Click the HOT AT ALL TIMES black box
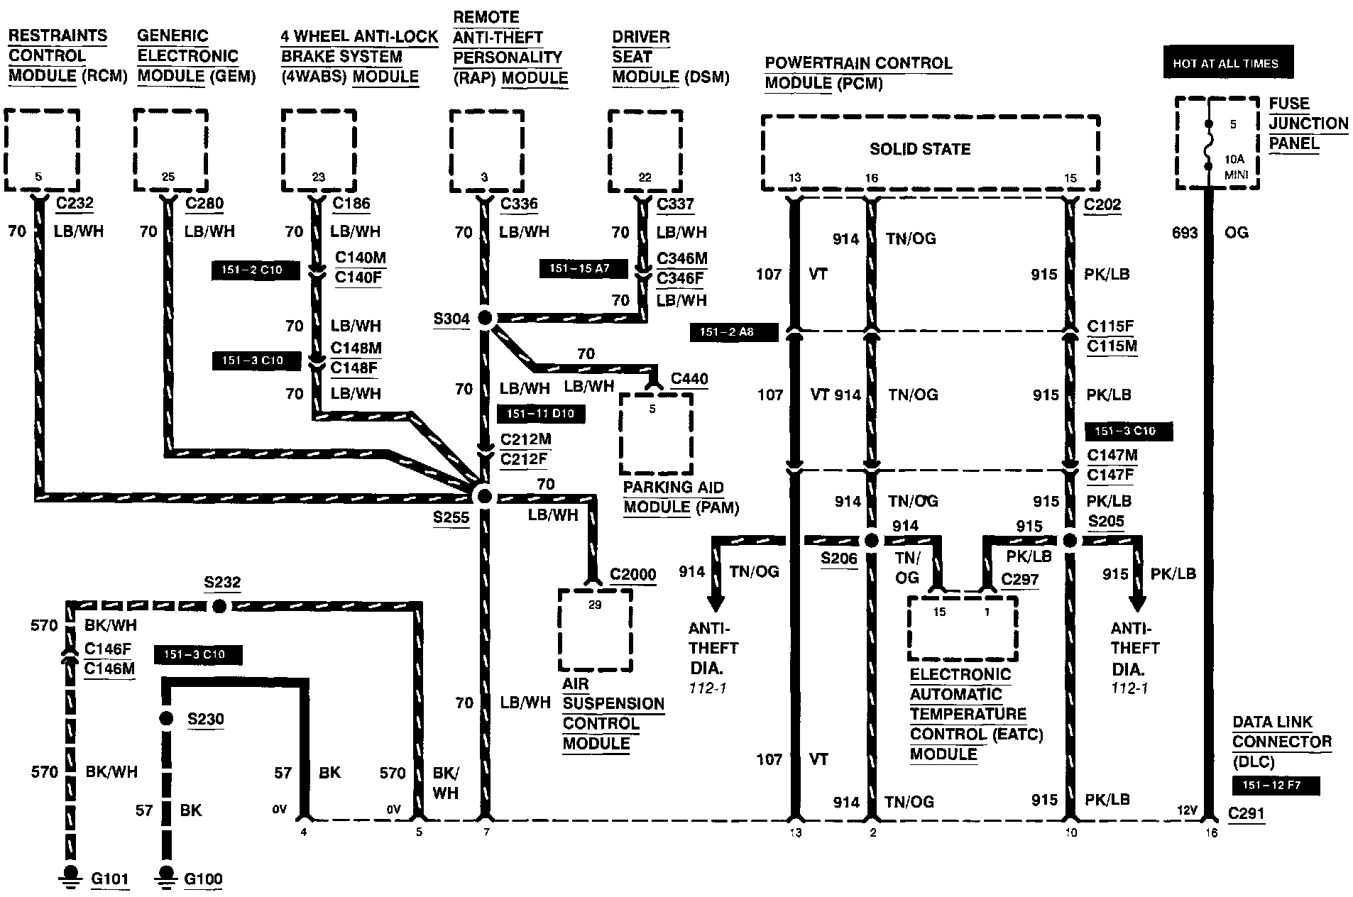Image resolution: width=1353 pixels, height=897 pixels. [1227, 63]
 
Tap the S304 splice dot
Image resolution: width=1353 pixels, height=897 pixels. [485, 318]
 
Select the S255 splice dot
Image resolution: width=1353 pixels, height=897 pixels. [484, 496]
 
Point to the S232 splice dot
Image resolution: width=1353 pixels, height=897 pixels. [219, 606]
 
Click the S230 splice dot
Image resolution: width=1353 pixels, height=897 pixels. [166, 719]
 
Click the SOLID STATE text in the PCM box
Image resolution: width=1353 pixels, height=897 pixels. [919, 149]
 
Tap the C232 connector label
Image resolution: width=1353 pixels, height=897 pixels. [75, 204]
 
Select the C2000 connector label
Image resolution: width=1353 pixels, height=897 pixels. [632, 574]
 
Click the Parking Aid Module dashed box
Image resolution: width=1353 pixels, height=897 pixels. [656, 434]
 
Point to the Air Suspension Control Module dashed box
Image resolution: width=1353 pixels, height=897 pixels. [595, 629]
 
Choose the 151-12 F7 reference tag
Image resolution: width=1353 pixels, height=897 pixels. [1276, 786]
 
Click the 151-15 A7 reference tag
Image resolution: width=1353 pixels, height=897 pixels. [579, 268]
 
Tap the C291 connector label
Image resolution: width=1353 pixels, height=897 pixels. [1247, 814]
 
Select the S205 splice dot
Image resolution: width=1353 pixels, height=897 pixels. [1070, 541]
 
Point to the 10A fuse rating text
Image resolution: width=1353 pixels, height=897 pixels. [1233, 160]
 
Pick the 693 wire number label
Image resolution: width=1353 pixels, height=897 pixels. [1185, 233]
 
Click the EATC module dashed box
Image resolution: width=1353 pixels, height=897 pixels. [963, 628]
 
